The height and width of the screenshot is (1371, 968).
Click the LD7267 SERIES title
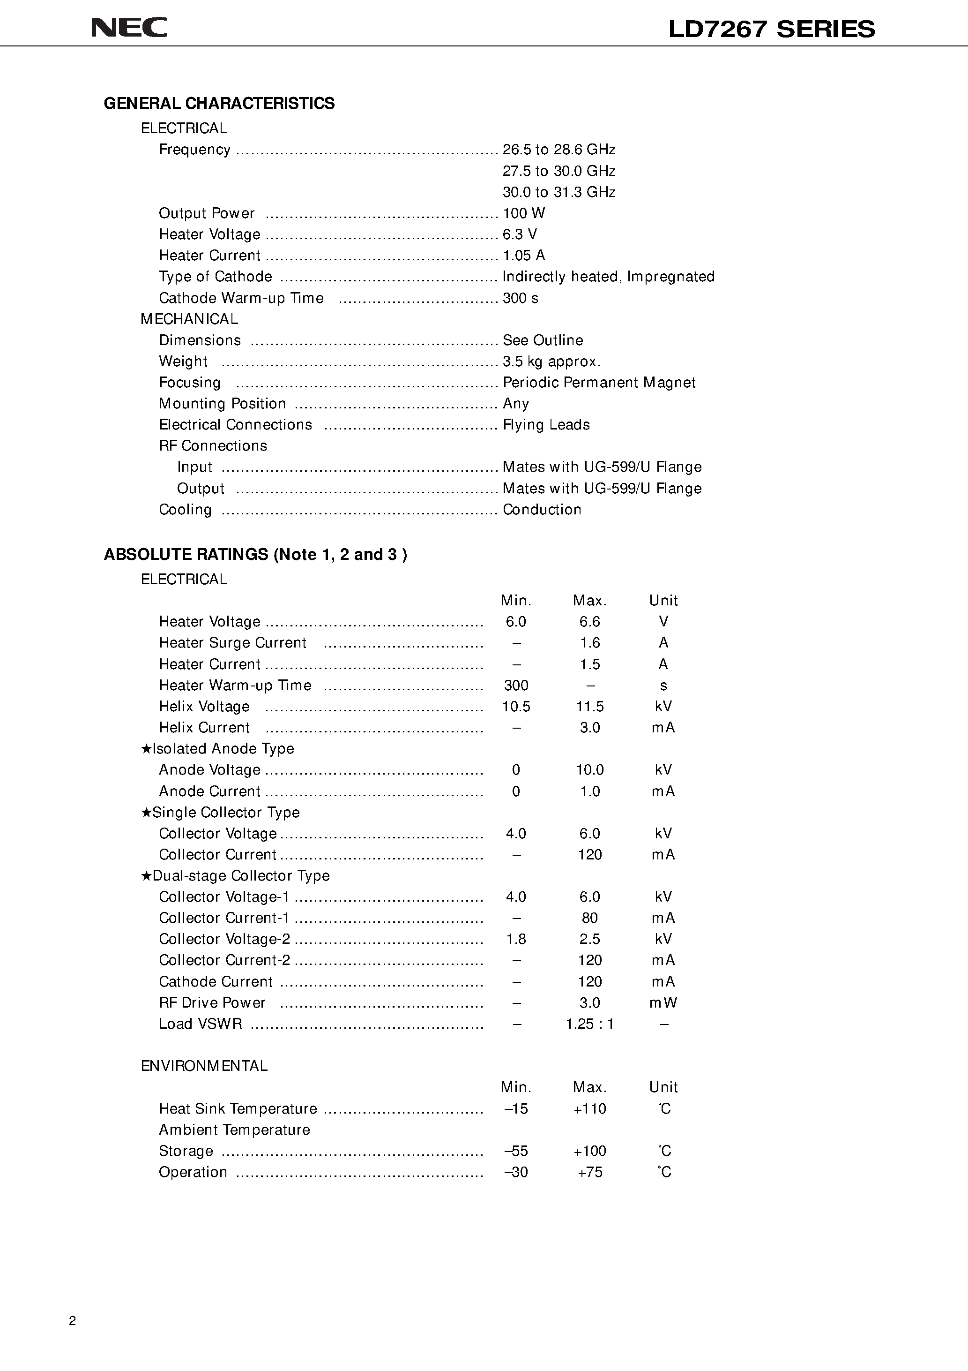[771, 29]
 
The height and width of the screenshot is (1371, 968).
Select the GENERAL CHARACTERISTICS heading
[219, 103]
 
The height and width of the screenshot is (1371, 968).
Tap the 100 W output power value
[523, 213]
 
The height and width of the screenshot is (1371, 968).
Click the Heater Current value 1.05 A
[523, 256]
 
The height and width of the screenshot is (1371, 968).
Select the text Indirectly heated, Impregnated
[608, 277]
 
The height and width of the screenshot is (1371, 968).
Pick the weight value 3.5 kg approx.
[551, 361]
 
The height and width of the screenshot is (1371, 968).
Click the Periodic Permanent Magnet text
[599, 382]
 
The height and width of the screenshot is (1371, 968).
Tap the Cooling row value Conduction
[541, 509]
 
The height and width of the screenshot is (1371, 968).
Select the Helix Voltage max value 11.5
[589, 707]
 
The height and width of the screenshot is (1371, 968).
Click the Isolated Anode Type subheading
[218, 749]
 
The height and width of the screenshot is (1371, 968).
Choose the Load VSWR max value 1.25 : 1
[589, 1024]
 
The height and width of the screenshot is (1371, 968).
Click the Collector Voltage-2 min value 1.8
[516, 939]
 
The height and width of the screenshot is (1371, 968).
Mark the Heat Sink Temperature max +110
[589, 1109]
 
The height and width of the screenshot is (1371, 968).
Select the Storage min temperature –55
[516, 1151]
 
